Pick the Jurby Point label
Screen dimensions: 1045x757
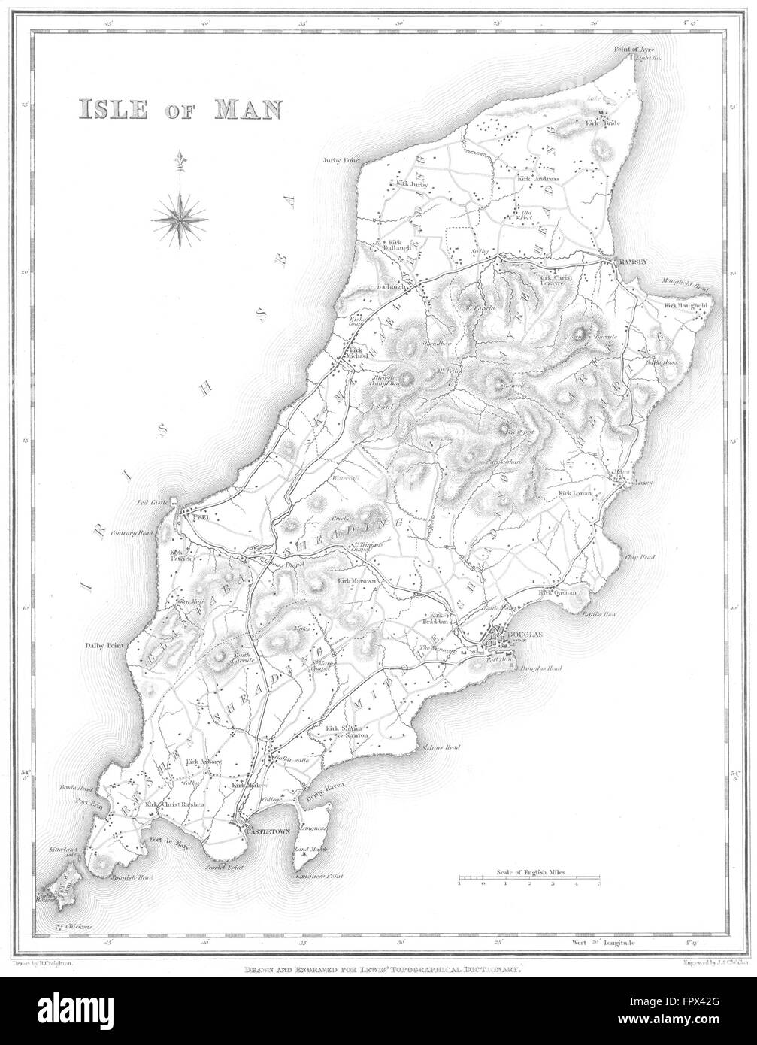click(x=343, y=160)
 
